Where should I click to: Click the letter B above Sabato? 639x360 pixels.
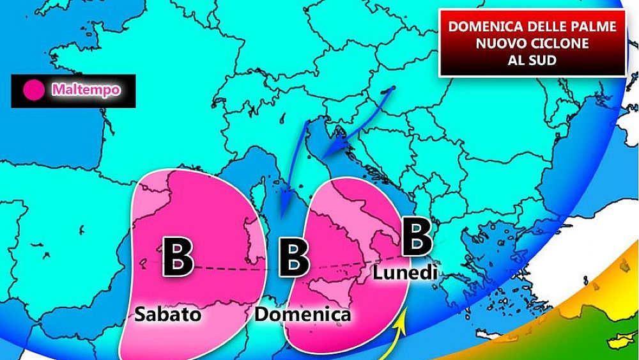click(x=178, y=258)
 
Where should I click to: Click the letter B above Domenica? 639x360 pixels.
click(x=295, y=258)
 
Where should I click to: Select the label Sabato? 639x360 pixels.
click(x=168, y=315)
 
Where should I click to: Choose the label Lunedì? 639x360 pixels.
click(x=405, y=273)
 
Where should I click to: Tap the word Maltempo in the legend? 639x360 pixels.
click(x=86, y=90)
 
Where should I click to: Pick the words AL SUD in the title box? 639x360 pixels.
click(x=532, y=61)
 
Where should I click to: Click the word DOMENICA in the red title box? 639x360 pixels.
click(x=477, y=27)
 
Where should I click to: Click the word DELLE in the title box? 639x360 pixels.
click(x=538, y=27)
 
